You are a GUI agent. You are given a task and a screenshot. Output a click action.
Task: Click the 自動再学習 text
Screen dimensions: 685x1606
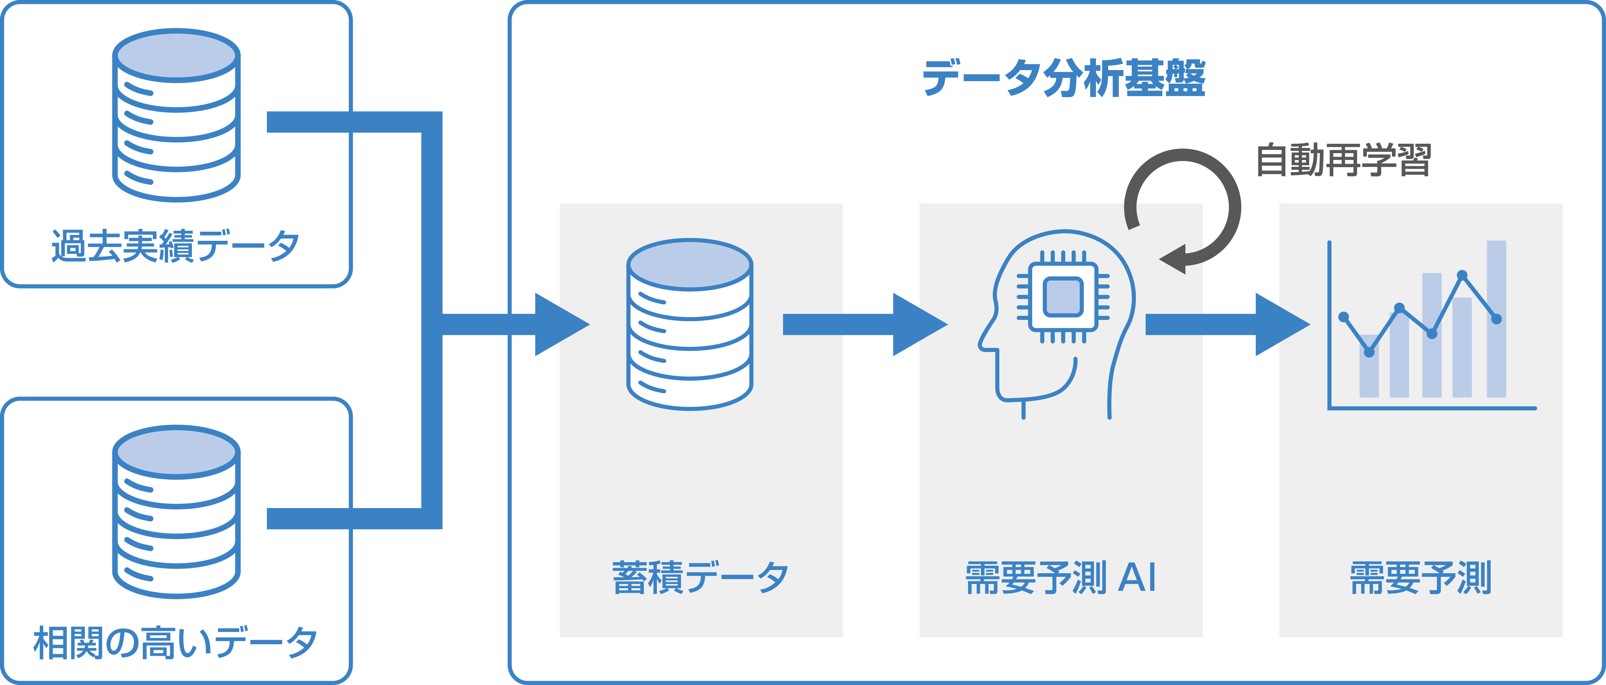click(1343, 160)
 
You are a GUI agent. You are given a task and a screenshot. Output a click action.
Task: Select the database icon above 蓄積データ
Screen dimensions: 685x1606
click(689, 324)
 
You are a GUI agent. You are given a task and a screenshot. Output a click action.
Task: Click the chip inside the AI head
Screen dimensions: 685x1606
click(1063, 297)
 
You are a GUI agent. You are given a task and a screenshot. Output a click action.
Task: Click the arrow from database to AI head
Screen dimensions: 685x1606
click(863, 325)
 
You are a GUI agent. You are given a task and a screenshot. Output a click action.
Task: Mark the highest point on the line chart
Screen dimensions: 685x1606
click(1462, 275)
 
